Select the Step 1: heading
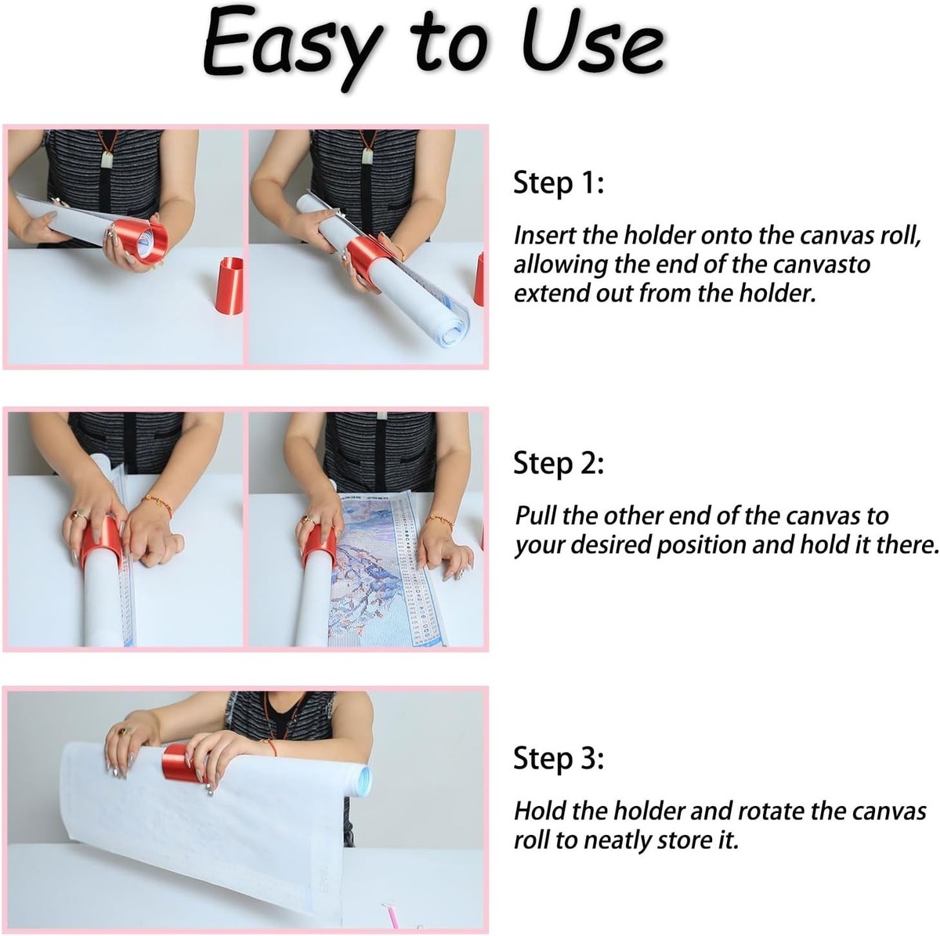[x=559, y=183]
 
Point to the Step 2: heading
[x=559, y=464]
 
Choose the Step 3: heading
[x=559, y=759]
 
